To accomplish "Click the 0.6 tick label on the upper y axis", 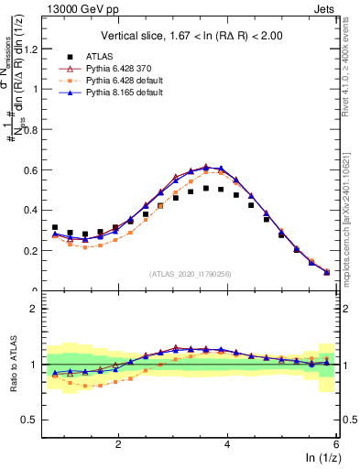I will point(35,169).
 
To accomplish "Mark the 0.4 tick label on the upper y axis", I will point(35,210).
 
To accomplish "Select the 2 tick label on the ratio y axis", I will point(38,309).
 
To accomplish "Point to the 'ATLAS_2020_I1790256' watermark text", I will point(191,273).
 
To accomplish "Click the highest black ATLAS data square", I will point(206,188).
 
